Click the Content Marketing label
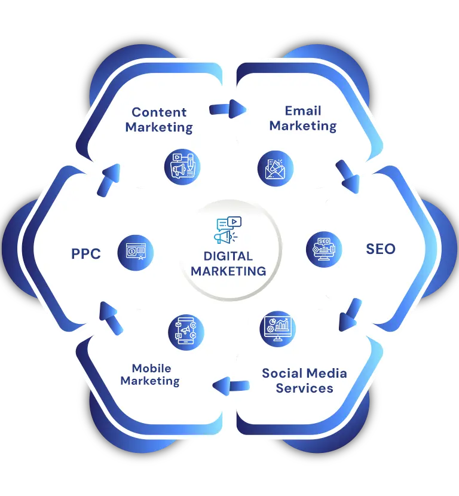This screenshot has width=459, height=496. (x=159, y=120)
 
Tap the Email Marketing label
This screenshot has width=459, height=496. (x=303, y=118)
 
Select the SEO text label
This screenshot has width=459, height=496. (x=381, y=249)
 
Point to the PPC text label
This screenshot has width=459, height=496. (x=86, y=254)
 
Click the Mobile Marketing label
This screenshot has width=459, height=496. (x=150, y=375)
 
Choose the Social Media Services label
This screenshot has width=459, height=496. (x=304, y=381)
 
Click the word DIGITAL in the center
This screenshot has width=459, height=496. (x=228, y=256)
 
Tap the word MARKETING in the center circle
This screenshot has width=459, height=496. (x=228, y=271)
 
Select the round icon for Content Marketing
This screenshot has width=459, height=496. (x=182, y=167)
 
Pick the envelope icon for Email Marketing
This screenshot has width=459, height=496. (x=276, y=169)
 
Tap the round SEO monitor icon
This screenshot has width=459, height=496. (x=324, y=249)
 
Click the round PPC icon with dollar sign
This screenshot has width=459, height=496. (x=136, y=252)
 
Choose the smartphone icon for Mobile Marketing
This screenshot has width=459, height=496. (x=186, y=332)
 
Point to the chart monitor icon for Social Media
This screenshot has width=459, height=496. (x=277, y=329)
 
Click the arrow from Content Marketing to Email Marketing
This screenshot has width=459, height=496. (x=228, y=109)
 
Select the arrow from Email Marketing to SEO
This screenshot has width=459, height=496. (x=348, y=176)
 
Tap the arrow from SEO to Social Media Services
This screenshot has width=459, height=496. (x=350, y=315)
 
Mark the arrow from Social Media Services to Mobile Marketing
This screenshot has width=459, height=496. (x=231, y=386)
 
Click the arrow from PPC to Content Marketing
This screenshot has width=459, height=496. (x=109, y=180)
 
